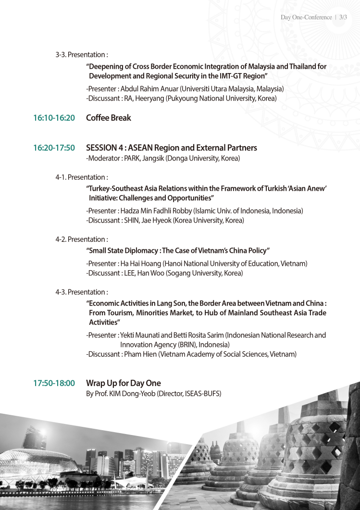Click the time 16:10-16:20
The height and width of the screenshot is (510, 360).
[x=54, y=118]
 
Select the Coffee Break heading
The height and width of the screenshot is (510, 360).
[x=108, y=118]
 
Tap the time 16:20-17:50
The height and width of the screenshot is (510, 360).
[x=54, y=148]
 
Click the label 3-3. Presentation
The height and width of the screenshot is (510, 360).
[x=82, y=55]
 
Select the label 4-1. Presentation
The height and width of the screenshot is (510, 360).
[x=82, y=177]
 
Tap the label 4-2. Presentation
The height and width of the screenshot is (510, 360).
[x=82, y=239]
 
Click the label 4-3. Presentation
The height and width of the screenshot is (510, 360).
[x=82, y=292]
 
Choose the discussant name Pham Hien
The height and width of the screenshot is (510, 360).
[x=140, y=354]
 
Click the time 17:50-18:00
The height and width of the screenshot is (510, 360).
[x=54, y=383]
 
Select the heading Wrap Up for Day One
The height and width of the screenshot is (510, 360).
[x=124, y=383]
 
